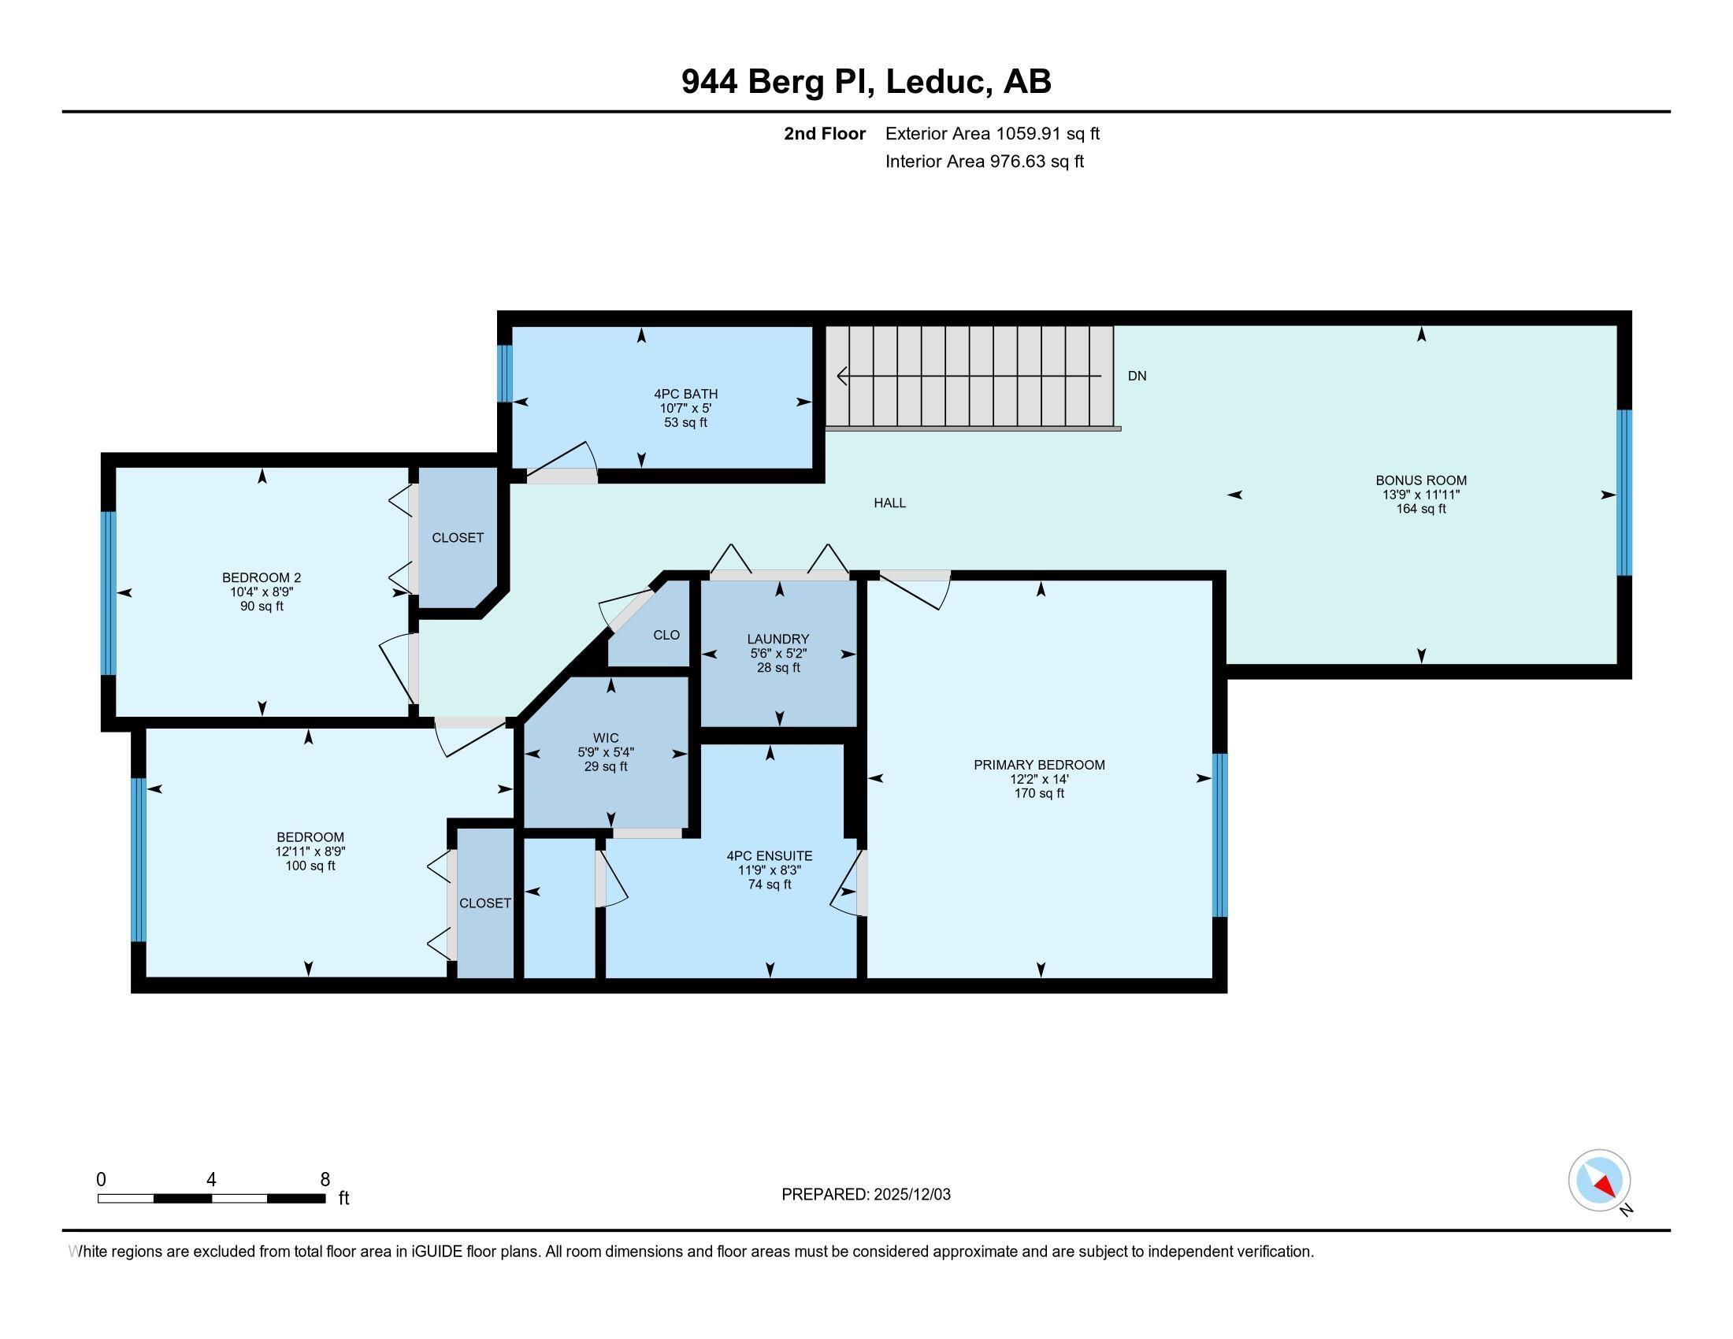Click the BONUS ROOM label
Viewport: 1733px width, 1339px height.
tap(1420, 480)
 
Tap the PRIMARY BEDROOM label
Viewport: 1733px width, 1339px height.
tap(1039, 765)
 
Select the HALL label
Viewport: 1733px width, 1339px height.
tap(889, 503)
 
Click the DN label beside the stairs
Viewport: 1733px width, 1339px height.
tap(1136, 376)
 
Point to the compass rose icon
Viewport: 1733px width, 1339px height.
tap(1599, 1181)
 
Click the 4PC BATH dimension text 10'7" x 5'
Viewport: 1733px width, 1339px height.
tap(685, 409)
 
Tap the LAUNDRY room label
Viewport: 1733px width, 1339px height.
tap(777, 639)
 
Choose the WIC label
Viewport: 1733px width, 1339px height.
tap(606, 738)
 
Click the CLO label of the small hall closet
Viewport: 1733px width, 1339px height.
tap(666, 635)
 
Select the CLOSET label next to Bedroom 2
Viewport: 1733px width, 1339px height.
tap(458, 538)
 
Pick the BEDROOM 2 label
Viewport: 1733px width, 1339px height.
tap(262, 578)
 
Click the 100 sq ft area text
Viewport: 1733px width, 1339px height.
tap(310, 866)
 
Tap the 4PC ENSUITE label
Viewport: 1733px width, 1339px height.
tap(769, 856)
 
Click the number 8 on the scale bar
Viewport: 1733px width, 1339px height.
tap(325, 1180)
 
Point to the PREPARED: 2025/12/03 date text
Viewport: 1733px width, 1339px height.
tap(866, 1195)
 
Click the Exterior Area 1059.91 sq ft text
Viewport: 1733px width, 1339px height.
tap(993, 134)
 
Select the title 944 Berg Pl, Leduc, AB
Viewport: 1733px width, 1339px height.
tap(866, 82)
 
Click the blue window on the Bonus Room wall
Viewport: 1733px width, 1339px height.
tap(1624, 492)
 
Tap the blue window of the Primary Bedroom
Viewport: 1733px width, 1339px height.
tap(1219, 835)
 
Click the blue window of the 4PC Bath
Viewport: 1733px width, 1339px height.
tap(505, 373)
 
